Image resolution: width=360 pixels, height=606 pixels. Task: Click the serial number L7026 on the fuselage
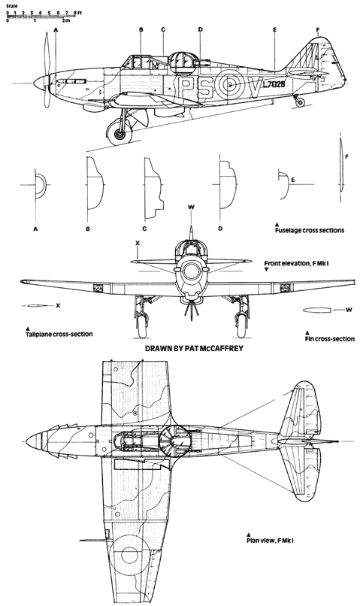(x=274, y=84)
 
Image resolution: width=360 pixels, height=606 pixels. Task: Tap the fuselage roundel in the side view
(x=230, y=85)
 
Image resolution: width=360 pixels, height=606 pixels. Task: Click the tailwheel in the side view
(x=300, y=102)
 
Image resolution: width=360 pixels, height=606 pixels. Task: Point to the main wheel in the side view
(x=119, y=133)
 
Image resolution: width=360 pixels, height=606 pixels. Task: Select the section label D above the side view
(x=201, y=29)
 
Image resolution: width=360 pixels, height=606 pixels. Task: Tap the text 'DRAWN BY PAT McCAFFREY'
(x=194, y=348)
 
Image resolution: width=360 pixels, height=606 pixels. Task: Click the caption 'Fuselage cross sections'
(x=310, y=230)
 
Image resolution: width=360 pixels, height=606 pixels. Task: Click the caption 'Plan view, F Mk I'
(x=272, y=540)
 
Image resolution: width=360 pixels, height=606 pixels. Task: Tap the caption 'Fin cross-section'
(x=329, y=339)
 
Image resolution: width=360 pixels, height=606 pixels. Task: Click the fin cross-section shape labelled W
(x=316, y=310)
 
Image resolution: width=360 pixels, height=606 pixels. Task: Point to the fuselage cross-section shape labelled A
(x=41, y=186)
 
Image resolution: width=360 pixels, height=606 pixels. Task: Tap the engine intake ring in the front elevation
(x=190, y=271)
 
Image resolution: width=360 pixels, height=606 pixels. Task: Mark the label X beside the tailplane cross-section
(x=58, y=305)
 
